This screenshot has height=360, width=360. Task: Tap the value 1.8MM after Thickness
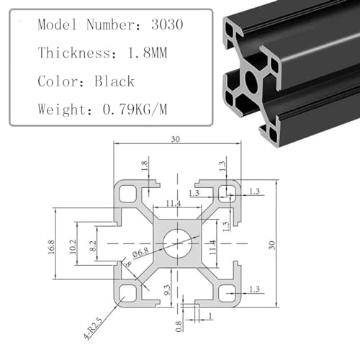(143, 52)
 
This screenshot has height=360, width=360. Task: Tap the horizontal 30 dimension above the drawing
(176, 140)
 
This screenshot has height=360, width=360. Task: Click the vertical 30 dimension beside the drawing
(271, 245)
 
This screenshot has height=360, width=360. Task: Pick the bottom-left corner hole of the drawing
(129, 292)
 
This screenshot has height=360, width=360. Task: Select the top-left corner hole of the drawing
(129, 192)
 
